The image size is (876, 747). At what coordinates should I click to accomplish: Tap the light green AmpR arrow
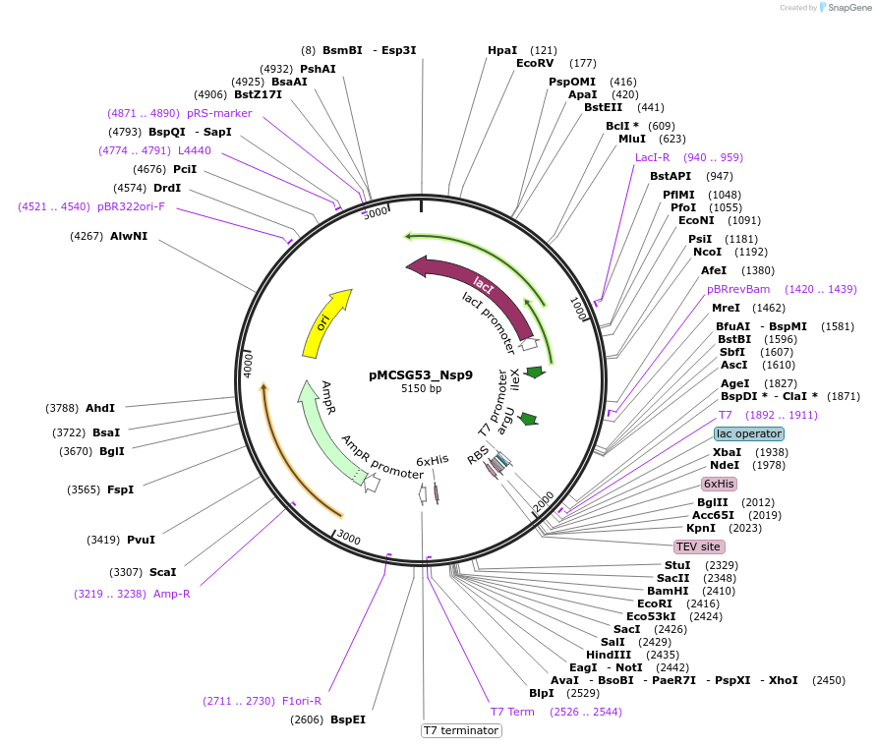point(324,432)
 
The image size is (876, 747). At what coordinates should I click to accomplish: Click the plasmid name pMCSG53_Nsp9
point(421,374)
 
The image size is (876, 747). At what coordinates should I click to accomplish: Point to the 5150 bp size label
point(421,389)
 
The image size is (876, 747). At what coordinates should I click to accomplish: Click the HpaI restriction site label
point(502,50)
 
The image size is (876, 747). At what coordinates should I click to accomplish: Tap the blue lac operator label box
point(749,433)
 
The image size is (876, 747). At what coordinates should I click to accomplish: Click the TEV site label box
point(699,546)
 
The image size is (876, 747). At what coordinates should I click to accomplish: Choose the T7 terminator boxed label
point(461,730)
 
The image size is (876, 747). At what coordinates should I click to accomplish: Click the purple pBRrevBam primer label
point(738,289)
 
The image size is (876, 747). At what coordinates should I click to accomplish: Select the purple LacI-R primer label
point(653,157)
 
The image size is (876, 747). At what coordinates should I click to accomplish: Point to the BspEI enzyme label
point(348,719)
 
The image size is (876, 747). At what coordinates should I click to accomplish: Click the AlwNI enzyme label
point(129,236)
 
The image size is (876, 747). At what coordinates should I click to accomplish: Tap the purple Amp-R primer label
point(172,594)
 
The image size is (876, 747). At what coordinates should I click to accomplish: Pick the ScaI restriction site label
point(162,572)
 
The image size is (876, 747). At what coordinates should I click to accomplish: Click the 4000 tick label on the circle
point(249,365)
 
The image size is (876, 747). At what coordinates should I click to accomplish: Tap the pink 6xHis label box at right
point(719,484)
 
